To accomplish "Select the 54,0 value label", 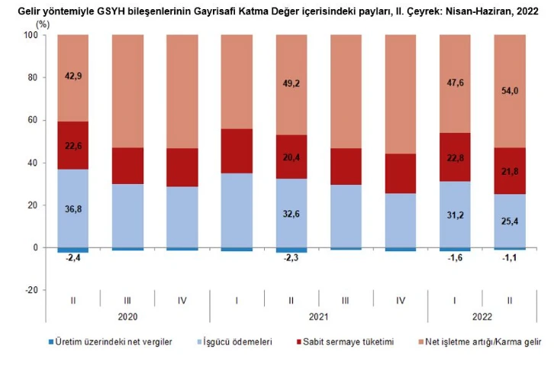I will point(509,91).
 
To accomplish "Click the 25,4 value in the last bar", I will point(509,222).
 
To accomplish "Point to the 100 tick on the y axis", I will point(31,35).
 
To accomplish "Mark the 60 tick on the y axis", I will point(32,120).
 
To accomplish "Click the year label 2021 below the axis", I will point(319,315).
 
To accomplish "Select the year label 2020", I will point(127,315).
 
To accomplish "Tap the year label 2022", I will point(482,315).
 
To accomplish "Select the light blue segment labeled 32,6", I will point(291,213).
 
